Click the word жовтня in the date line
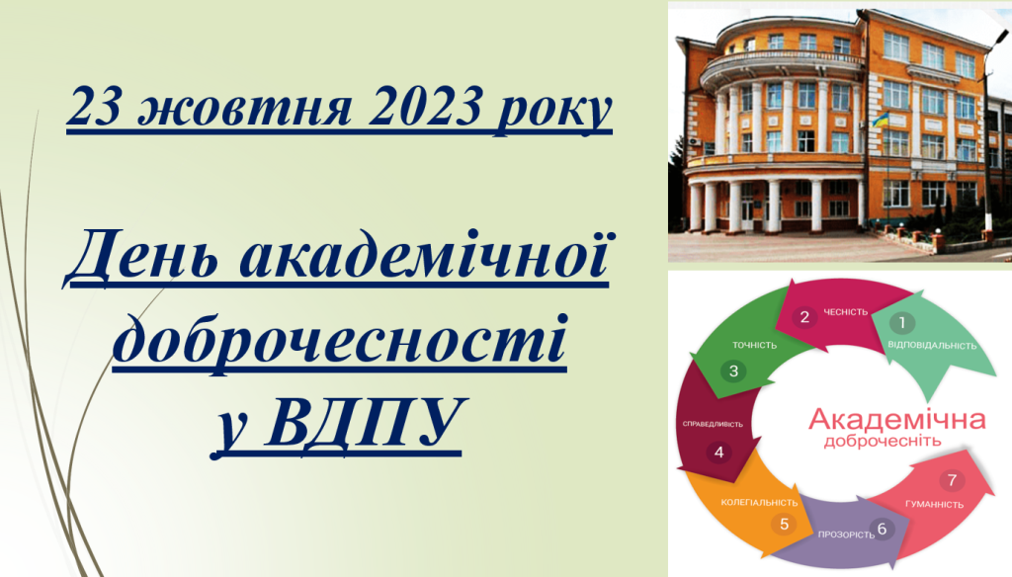245,106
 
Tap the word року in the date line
553,110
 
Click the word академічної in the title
423,254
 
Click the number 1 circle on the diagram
902,323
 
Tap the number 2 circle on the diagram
804,317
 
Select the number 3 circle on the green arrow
733,371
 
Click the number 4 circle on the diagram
719,453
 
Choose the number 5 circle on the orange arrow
784,524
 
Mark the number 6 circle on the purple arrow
882,530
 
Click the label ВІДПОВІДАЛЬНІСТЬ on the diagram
932,345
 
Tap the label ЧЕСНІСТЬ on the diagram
846,312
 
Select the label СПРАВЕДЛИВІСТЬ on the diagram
713,425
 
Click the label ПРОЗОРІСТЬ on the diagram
846,535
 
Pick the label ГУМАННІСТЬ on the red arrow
934,505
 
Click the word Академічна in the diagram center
896,419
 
